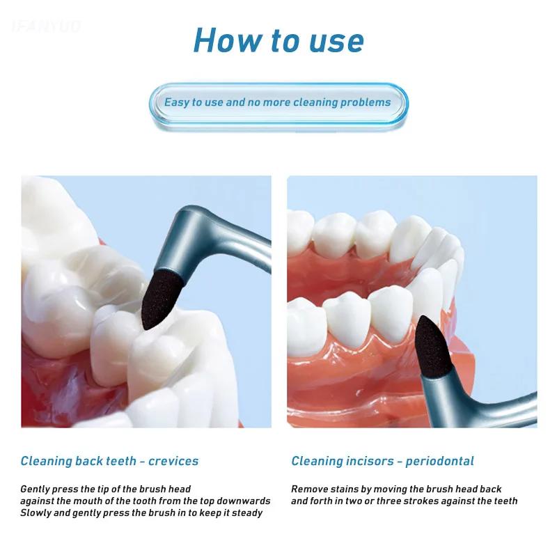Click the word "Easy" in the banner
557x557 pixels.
click(x=177, y=102)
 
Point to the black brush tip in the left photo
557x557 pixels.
click(x=161, y=299)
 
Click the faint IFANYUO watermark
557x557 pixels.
click(x=46, y=26)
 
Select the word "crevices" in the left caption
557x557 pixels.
click(x=173, y=461)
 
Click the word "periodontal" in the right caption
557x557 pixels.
click(x=439, y=462)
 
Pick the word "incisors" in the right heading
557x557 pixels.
click(x=370, y=461)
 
